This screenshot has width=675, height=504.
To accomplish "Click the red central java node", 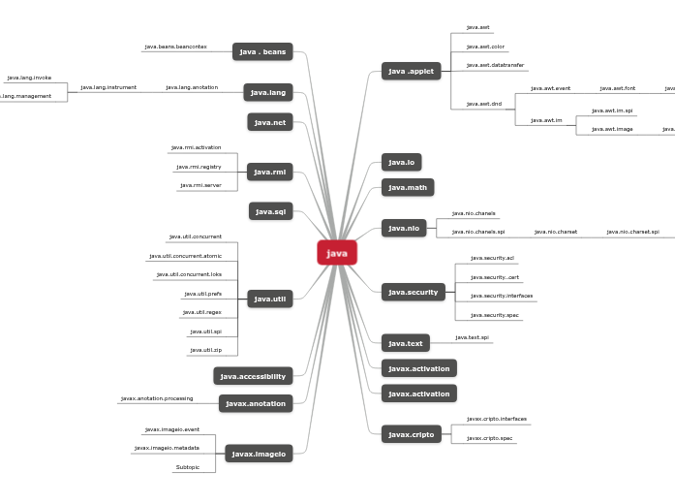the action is (337, 253).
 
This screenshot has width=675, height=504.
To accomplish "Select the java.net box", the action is (269, 122).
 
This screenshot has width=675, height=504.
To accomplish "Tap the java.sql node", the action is (270, 211).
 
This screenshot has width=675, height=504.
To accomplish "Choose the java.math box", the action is (407, 187).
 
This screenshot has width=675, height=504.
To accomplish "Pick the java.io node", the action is (401, 162).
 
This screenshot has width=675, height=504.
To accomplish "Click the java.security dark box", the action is (413, 292).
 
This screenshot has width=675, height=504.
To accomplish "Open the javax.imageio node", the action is (259, 454).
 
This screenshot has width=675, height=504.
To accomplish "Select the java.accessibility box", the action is (253, 376).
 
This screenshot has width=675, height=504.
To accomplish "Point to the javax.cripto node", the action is (411, 434).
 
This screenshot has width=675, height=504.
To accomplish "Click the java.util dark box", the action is (269, 299).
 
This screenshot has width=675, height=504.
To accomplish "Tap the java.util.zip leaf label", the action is (205, 350).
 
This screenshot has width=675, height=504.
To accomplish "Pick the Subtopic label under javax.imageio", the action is (187, 467).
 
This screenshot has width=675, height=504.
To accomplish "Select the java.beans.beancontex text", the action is (175, 47).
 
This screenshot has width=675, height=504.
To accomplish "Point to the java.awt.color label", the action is (485, 47).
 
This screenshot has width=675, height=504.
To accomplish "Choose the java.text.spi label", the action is (472, 337).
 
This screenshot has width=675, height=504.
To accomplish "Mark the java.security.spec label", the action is (494, 315).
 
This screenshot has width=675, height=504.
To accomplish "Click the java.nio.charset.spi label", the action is (632, 232).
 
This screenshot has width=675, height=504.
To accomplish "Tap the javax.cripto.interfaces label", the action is (496, 419).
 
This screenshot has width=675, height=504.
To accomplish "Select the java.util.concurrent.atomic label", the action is (185, 256).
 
